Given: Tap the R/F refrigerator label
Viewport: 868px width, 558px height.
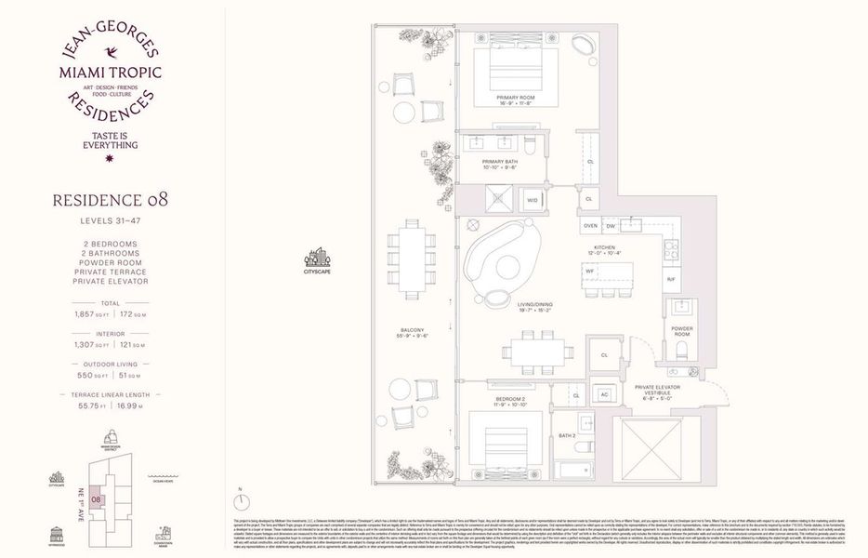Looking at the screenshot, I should pyautogui.click(x=670, y=279).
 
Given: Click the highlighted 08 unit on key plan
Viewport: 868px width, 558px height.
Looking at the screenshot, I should pyautogui.click(x=96, y=498).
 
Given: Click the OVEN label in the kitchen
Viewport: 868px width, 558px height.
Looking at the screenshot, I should pyautogui.click(x=590, y=226).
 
